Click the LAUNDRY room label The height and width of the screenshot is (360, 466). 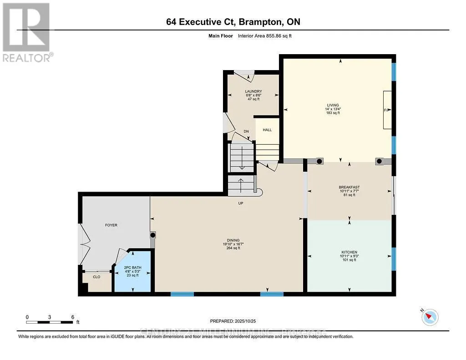click(x=253, y=91)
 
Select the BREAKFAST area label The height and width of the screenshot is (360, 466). click(x=349, y=187)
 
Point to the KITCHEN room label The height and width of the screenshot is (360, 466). click(x=349, y=252)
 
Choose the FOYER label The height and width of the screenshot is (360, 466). click(x=111, y=225)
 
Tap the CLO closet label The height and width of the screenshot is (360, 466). click(x=96, y=277)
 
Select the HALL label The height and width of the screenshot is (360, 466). click(x=267, y=130)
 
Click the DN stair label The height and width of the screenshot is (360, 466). click(x=246, y=132)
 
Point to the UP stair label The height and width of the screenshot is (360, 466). click(x=241, y=203)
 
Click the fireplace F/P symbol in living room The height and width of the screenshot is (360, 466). click(x=387, y=110)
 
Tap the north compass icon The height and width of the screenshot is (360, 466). click(x=430, y=316)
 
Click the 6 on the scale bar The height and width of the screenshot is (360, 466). click(x=72, y=317)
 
